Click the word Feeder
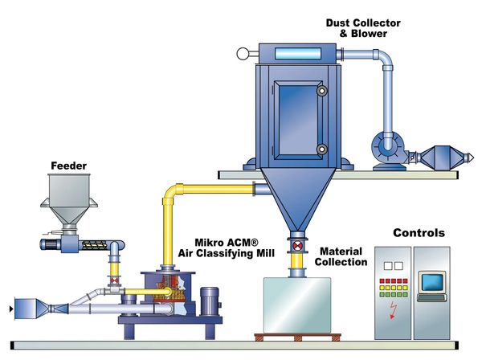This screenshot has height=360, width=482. [x=68, y=166]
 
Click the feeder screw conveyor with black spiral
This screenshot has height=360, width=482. [x=88, y=240]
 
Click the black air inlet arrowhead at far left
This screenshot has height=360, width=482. [x=10, y=306]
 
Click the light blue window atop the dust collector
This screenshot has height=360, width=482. [x=300, y=55]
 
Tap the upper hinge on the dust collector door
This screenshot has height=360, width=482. [x=322, y=92]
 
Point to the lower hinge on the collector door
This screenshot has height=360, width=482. [x=322, y=149]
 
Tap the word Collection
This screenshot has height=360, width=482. [x=343, y=262]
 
